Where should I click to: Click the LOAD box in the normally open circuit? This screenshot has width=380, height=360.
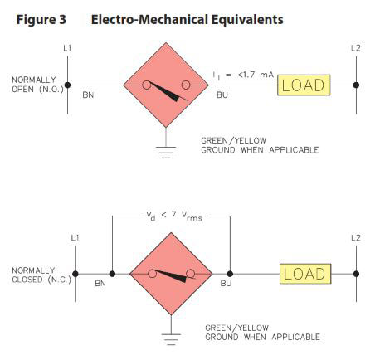304,85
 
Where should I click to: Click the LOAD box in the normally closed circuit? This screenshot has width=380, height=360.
305,274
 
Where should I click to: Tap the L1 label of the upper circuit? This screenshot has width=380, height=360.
67,48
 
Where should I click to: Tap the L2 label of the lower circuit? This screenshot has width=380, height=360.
356,238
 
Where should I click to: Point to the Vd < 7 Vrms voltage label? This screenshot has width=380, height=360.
174,216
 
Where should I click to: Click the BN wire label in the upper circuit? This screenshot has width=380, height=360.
88,95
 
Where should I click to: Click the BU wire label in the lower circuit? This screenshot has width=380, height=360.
226,284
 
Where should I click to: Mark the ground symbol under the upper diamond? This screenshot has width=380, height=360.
166,152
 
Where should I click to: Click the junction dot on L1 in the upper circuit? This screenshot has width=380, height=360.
67,85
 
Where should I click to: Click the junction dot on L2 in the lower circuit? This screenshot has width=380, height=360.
356,274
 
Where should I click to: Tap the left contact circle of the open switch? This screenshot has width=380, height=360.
147,85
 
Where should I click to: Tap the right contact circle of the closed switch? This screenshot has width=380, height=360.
190,274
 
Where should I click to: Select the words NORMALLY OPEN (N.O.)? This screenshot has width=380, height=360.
37,85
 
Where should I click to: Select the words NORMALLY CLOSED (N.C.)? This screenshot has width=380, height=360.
41,275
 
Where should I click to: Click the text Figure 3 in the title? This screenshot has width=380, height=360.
41,20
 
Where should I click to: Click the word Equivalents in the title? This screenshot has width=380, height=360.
247,20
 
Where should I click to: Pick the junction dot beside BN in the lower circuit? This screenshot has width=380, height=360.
112,274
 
